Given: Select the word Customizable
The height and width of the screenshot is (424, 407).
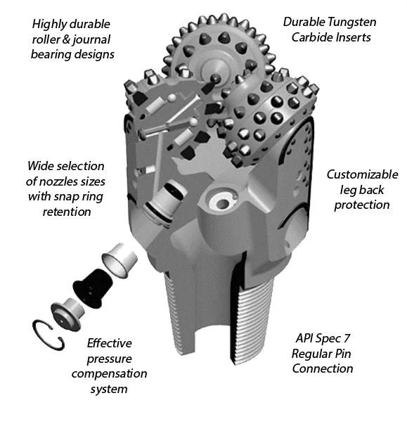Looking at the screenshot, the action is click(362, 174).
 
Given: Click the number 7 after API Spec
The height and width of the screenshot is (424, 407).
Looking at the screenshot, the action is click(347, 338).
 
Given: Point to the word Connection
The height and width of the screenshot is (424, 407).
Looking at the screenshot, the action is click(323, 368).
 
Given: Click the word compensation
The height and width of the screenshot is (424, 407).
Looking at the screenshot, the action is click(109, 374).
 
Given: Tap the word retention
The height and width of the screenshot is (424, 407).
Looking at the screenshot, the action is click(67, 212).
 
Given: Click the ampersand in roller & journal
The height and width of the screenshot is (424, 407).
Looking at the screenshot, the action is click(66, 40).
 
